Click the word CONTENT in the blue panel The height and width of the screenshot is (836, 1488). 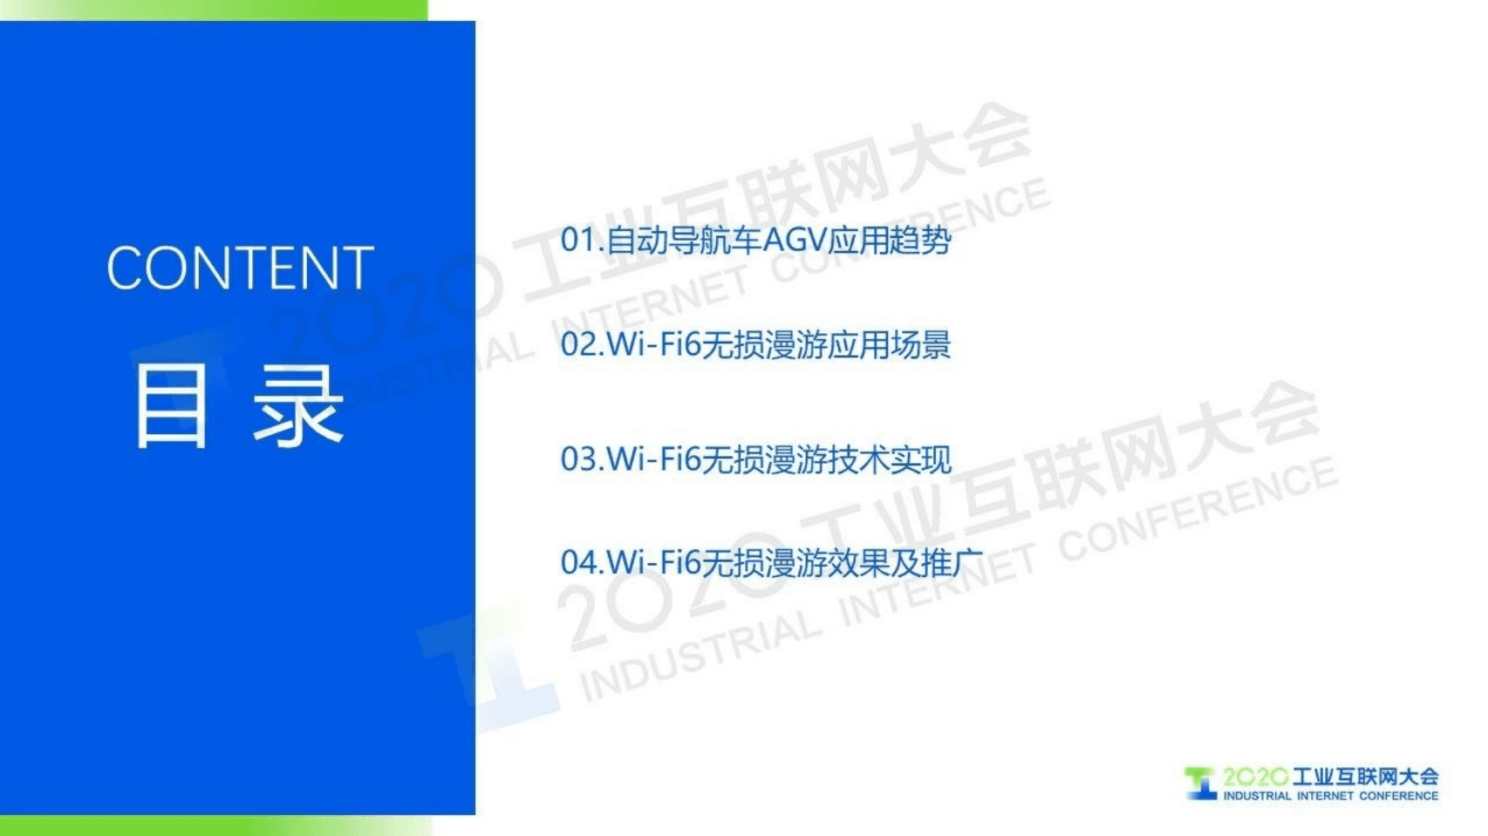(240, 268)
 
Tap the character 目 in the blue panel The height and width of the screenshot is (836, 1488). (172, 406)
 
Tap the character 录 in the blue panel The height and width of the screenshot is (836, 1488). (299, 406)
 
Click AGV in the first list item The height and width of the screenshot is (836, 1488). (795, 240)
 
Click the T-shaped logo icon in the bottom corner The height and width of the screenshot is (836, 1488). (1201, 783)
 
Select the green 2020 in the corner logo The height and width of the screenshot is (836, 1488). (1255, 777)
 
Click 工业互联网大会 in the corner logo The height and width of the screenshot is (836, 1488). (1365, 777)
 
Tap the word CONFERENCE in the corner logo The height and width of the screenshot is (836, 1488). (1398, 796)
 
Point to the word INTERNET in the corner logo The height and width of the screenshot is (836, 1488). (1325, 796)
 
